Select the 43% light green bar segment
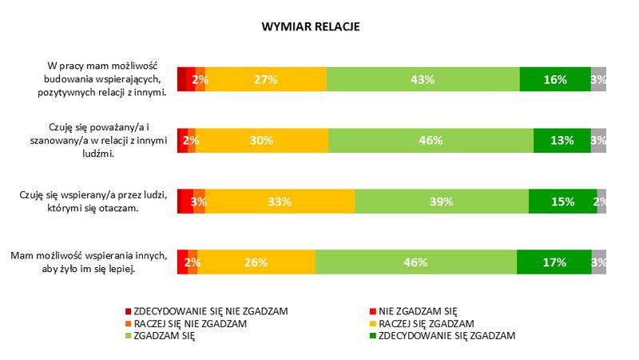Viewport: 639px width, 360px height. tap(423, 79)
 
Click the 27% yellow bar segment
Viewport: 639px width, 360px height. tap(265, 79)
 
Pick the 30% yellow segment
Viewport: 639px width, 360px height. tap(261, 140)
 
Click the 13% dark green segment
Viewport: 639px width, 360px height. tap(562, 140)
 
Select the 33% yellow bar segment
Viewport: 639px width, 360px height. tap(278, 202)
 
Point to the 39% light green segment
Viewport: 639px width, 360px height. tap(442, 202)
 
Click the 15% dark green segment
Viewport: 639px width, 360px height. tap(562, 202)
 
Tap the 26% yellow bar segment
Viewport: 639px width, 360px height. tap(256, 262)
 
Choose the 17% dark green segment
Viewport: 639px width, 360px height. tap(554, 262)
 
